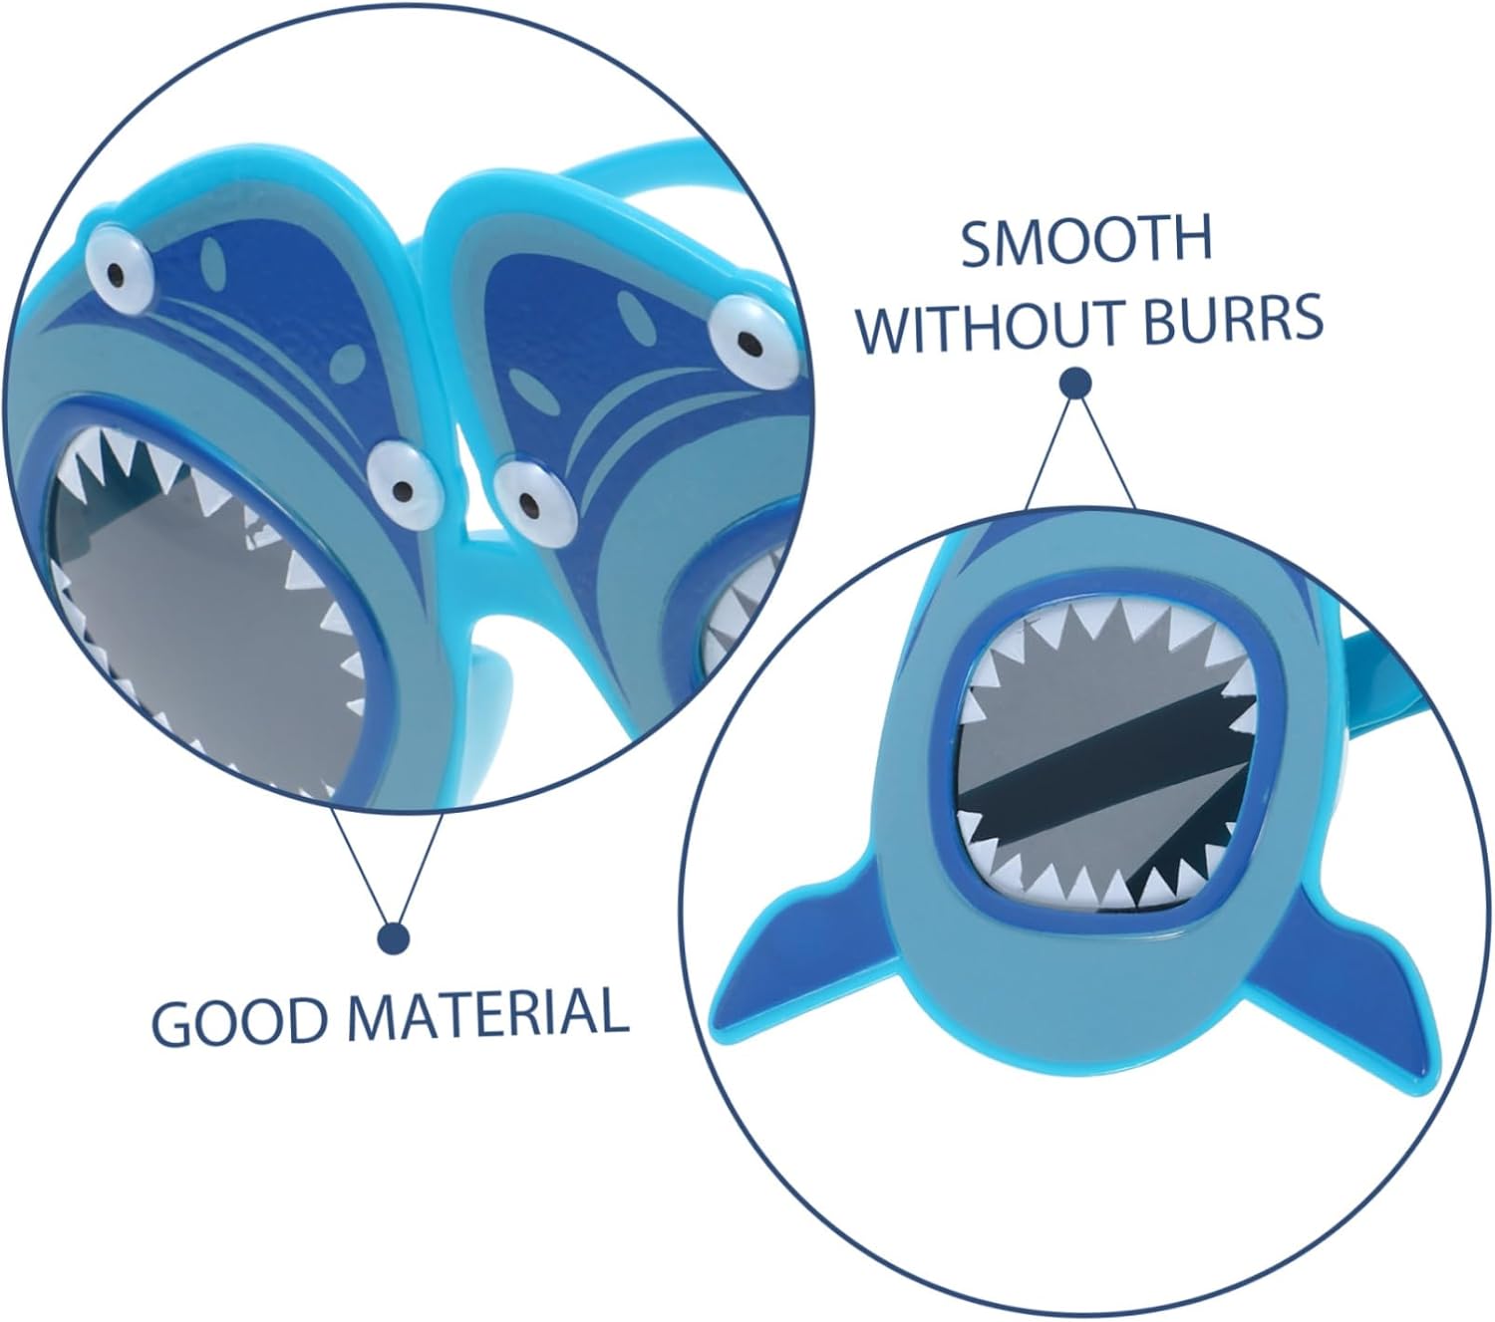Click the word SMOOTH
(1085, 241)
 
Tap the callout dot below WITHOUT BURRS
(1074, 383)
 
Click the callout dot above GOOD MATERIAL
(394, 937)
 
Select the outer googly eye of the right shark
(743, 334)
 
